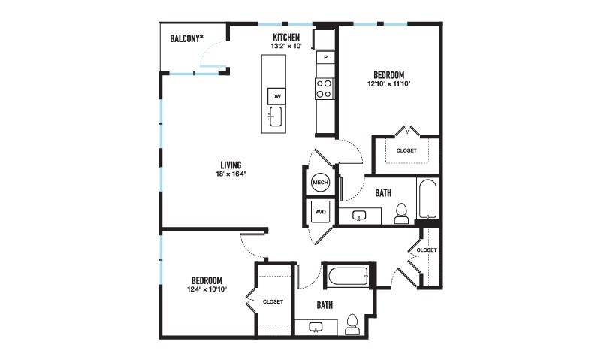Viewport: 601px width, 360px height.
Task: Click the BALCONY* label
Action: pos(186,38)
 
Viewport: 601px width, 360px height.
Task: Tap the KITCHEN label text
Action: pos(286,37)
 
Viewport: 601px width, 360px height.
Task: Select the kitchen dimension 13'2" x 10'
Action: pos(286,46)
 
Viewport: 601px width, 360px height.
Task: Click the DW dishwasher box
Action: pos(276,97)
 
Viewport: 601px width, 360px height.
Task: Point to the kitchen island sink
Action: pos(276,116)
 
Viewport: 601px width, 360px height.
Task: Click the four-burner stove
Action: pos(325,89)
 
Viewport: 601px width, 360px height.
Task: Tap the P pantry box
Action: pos(325,58)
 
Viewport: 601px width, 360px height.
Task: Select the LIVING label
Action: pos(231,165)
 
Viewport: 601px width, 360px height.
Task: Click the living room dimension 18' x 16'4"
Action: pos(231,174)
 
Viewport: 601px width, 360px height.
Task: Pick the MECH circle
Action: pos(321,183)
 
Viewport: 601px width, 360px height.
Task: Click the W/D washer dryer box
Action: pos(321,212)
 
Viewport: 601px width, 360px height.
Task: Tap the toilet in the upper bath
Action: pos(401,214)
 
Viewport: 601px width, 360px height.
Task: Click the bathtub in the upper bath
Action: pos(427,198)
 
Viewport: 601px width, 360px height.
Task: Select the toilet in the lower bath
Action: pos(352,325)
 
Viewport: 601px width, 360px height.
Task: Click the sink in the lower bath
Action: pos(316,327)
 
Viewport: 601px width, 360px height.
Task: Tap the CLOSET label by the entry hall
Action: pos(427,250)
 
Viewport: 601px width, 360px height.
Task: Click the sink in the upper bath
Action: pos(360,216)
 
